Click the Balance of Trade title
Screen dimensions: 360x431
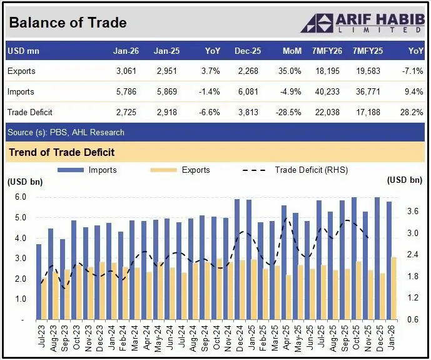[x=68, y=23]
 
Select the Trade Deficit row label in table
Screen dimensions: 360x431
[x=30, y=113]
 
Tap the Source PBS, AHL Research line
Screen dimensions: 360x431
[x=66, y=132]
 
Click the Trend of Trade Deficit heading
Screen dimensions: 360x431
[x=61, y=152]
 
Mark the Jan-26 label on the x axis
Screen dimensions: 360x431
[x=392, y=337]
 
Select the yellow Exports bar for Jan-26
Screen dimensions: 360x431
[x=394, y=288]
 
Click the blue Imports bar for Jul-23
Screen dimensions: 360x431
[x=39, y=282]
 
